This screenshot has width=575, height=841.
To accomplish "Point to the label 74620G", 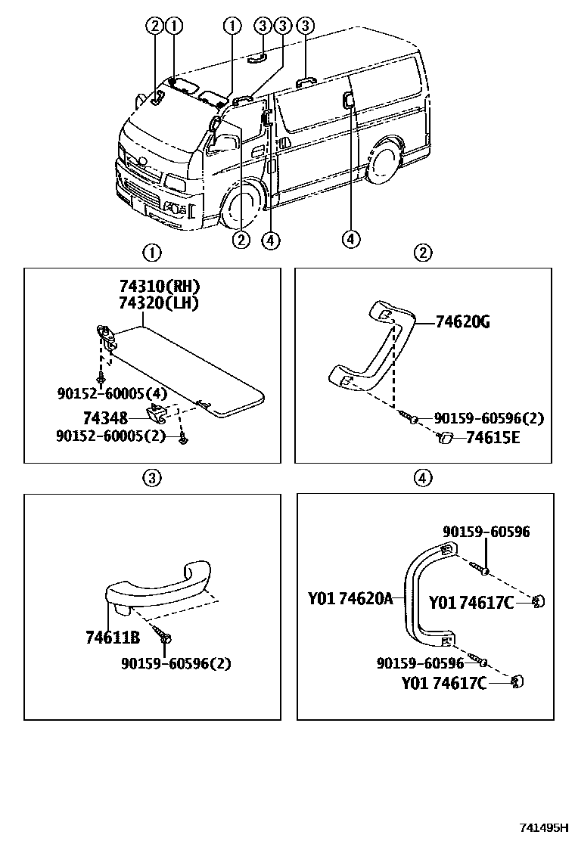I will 463,323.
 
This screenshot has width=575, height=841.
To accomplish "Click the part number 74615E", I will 493,437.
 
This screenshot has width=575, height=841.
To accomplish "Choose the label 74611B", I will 113,638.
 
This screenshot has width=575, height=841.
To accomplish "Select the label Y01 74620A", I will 350,599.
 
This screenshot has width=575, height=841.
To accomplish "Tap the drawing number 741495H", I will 543,828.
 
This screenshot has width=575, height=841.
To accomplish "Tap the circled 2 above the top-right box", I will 424,252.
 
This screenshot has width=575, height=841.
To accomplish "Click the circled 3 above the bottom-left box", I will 151,477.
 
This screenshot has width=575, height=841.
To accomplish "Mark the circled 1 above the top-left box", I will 152,252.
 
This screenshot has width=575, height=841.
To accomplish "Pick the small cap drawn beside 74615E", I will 446,437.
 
